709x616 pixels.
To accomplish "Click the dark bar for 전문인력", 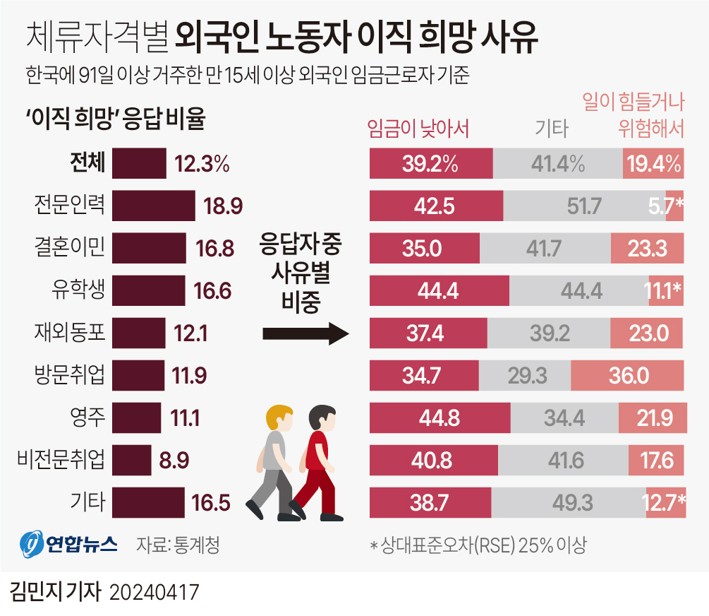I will pyautogui.click(x=153, y=206).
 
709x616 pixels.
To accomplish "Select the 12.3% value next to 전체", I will pyautogui.click(x=202, y=164).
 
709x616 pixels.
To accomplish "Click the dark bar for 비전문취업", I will pyautogui.click(x=131, y=461).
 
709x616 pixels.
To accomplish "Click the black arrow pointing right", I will pyautogui.click(x=305, y=334).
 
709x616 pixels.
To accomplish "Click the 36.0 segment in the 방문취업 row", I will pyautogui.click(x=627, y=376).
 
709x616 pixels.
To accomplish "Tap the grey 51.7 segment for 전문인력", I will pyautogui.click(x=584, y=206).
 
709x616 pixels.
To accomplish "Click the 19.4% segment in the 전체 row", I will pyautogui.click(x=653, y=164).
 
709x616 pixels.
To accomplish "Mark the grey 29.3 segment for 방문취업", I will pyautogui.click(x=524, y=376).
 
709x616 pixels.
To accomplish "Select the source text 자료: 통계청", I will pyautogui.click(x=178, y=545).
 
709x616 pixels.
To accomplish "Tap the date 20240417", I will pyautogui.click(x=154, y=592).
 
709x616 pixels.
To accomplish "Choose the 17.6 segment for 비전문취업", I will pyautogui.click(x=656, y=461).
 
